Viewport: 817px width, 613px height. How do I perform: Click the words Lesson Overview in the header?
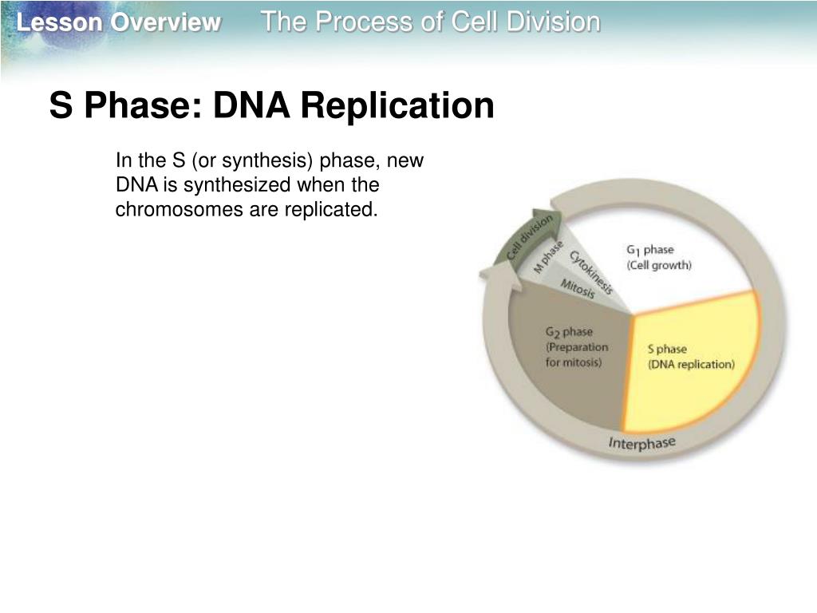118,23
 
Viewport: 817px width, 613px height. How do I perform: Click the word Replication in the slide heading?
397,106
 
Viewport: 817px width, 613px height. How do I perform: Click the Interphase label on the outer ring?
641,444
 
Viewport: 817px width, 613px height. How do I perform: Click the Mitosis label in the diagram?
577,288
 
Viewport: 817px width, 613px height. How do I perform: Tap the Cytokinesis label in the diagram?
590,271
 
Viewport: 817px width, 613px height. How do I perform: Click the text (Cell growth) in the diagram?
659,265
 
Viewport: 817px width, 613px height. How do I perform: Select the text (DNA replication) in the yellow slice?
690,364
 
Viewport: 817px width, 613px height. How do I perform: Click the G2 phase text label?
569,332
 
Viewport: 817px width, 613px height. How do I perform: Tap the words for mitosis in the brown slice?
574,362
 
